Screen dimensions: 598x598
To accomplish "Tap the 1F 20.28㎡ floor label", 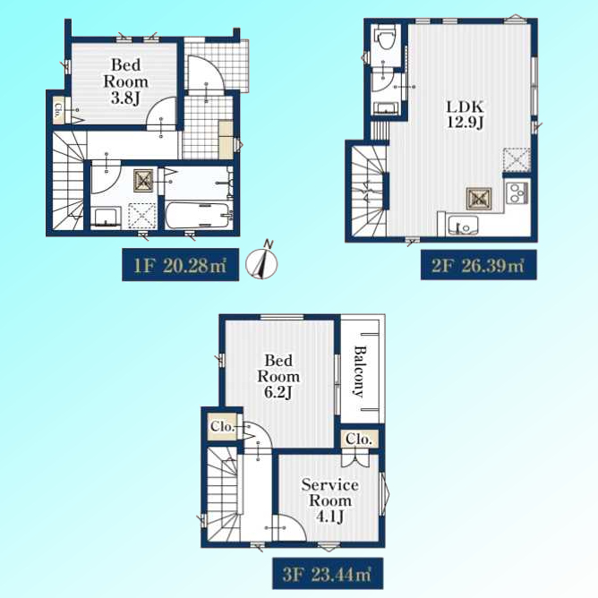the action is click(181, 265).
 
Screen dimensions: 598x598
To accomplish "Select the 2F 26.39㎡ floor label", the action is click(478, 265).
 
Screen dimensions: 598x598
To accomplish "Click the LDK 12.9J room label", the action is click(466, 115).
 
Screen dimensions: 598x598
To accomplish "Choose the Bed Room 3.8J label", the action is click(126, 81).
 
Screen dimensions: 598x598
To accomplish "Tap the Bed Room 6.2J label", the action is click(278, 376).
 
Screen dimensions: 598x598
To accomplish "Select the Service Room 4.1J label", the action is click(330, 500).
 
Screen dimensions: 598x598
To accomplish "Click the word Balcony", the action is click(359, 372).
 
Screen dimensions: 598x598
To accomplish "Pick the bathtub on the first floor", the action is click(198, 216).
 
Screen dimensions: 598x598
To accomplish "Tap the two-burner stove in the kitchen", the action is click(517, 193).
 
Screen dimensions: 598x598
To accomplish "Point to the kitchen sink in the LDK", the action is click(463, 226).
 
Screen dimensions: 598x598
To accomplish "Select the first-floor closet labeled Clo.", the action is click(59, 110).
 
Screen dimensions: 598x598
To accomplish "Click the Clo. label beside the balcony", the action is click(359, 440).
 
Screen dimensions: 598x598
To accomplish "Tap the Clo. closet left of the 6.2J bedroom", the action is click(222, 426).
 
